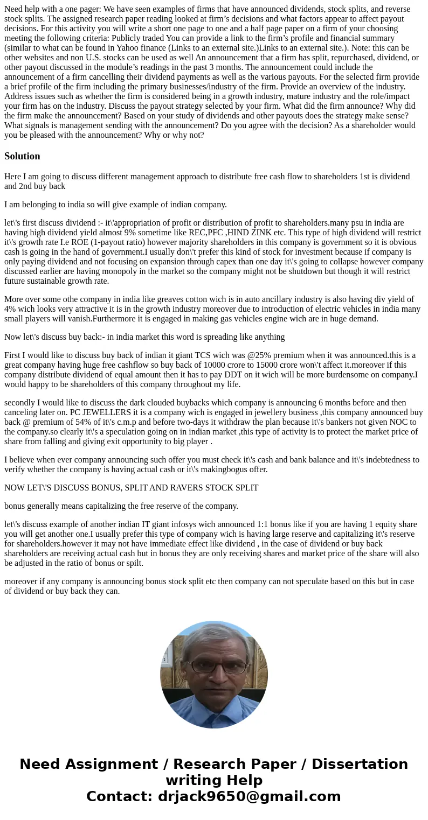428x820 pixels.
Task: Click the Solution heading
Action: tap(22, 156)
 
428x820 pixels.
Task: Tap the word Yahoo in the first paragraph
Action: tap(129, 47)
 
